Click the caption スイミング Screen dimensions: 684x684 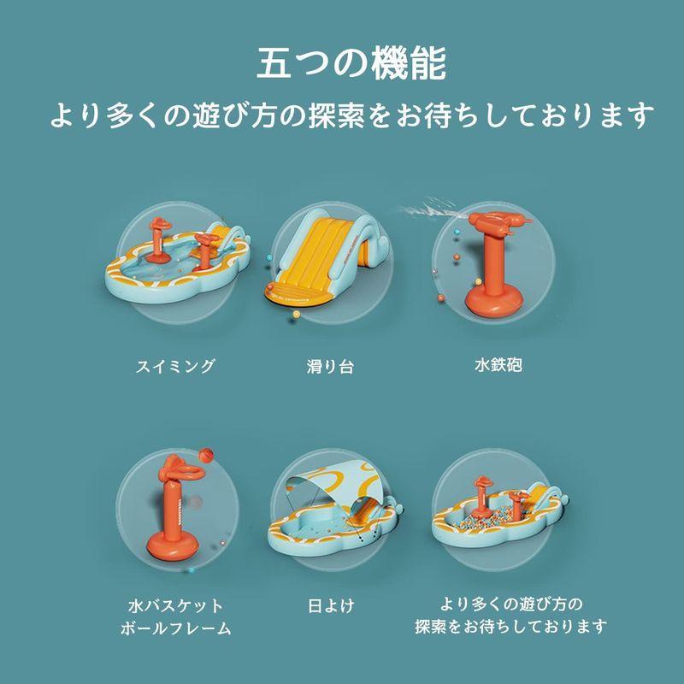point(175,367)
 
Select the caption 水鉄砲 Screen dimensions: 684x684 point(498,366)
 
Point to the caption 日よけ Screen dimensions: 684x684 point(331,605)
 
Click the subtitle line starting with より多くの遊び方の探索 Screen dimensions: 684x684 point(351,115)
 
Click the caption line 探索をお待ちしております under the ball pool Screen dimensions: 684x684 point(511,628)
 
